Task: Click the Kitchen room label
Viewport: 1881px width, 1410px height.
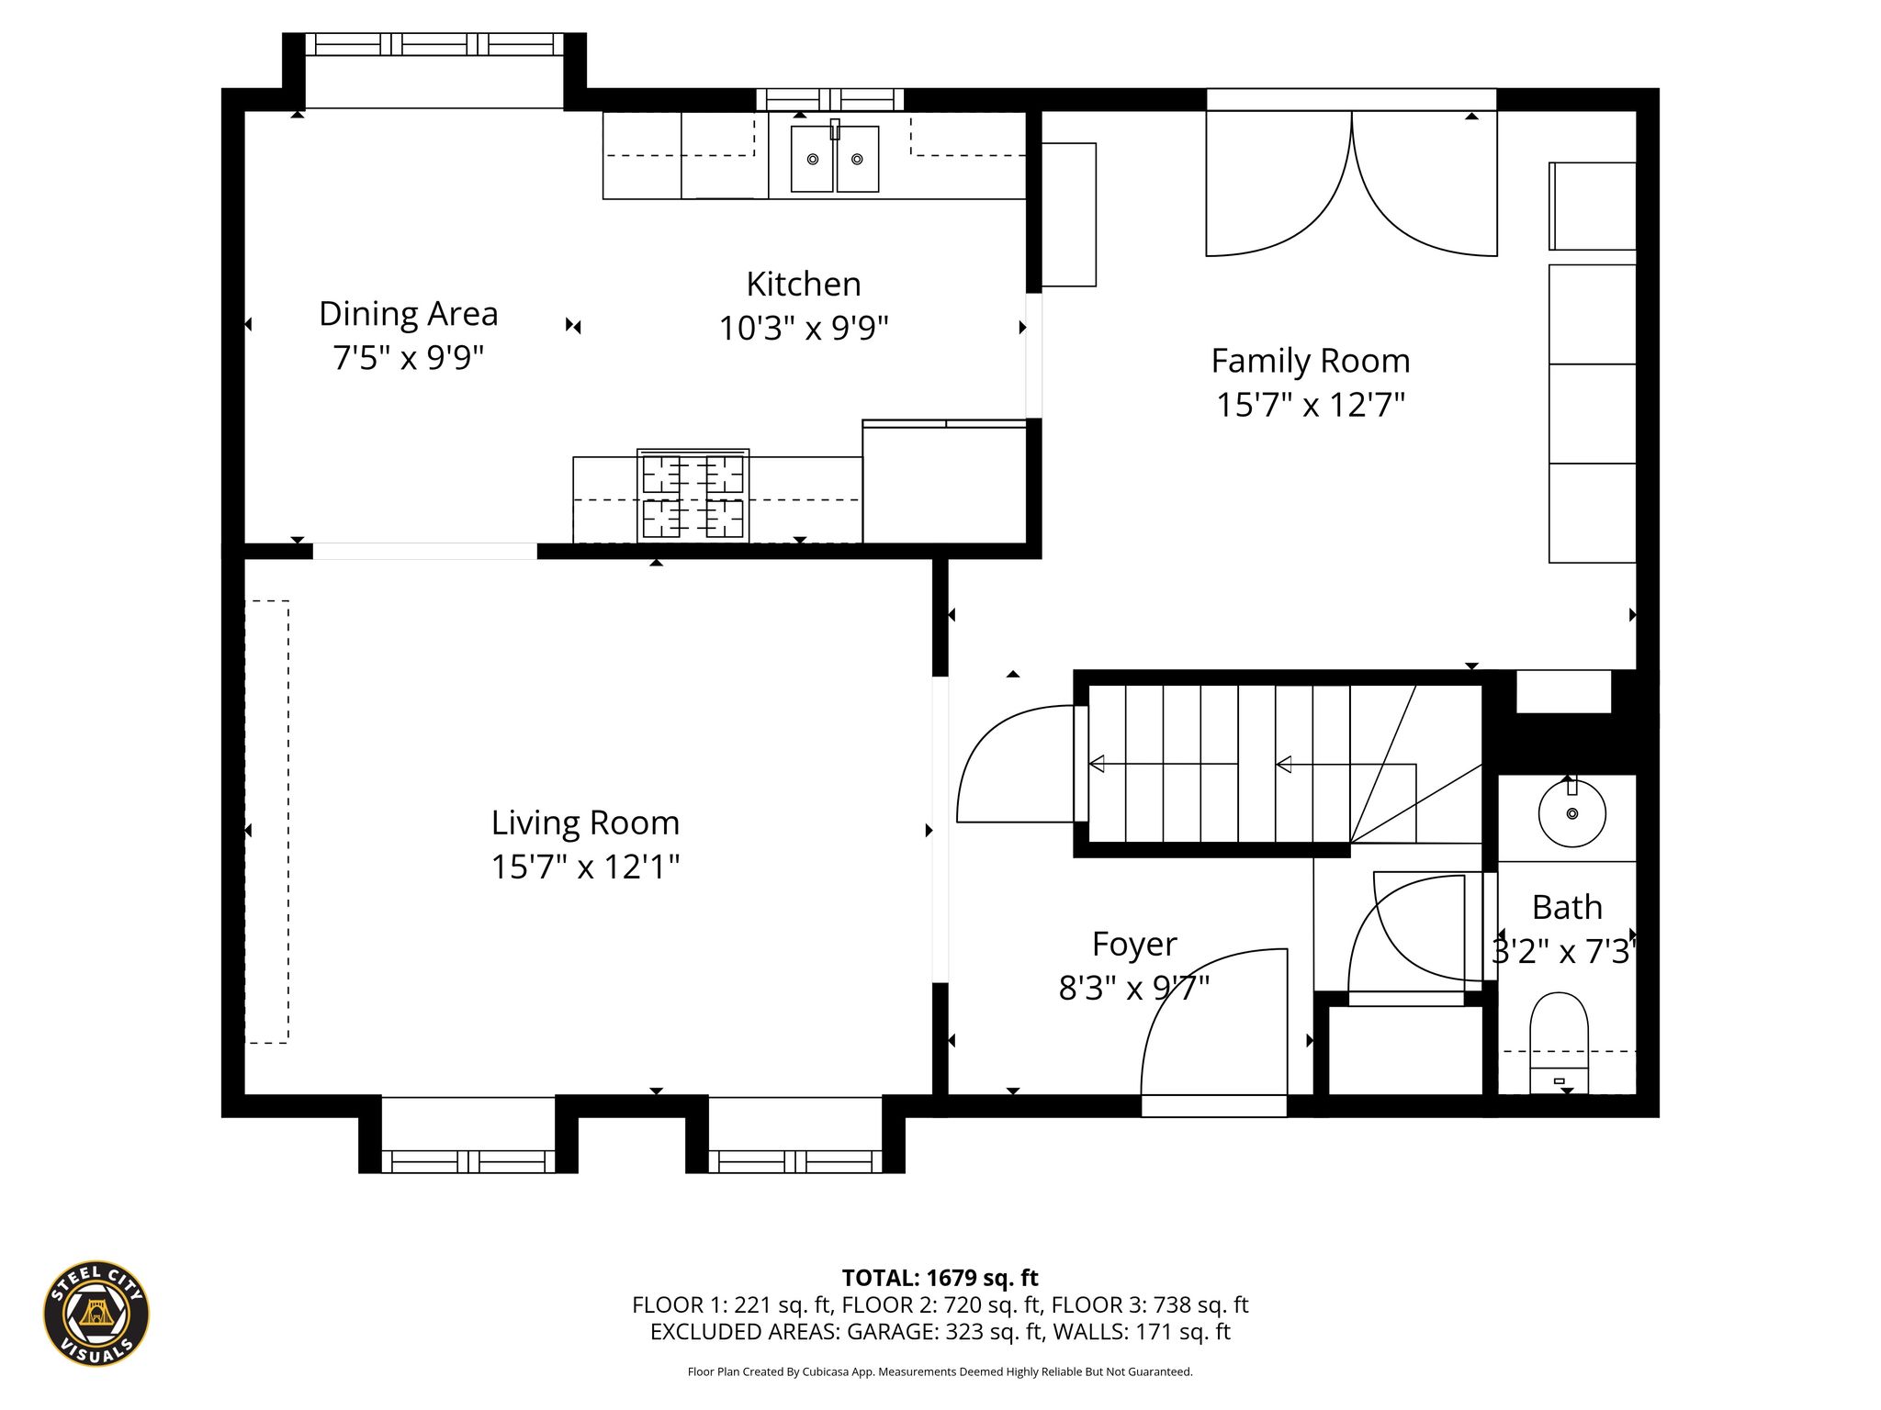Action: pyautogui.click(x=804, y=285)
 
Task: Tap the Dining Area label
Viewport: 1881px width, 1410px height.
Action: pyautogui.click(x=409, y=314)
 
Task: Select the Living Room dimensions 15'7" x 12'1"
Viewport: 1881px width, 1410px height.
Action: pyautogui.click(x=586, y=867)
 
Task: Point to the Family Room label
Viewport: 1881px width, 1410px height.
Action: pyautogui.click(x=1311, y=362)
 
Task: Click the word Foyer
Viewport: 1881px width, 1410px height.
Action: pyautogui.click(x=1134, y=945)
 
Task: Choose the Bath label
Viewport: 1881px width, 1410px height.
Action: pyautogui.click(x=1567, y=907)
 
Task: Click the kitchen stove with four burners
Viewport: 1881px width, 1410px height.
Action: pyautogui.click(x=693, y=496)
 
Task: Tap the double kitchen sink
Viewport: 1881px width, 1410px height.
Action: pyautogui.click(x=835, y=158)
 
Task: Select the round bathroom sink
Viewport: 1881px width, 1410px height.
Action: pyautogui.click(x=1572, y=812)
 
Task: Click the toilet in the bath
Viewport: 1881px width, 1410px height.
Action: pyautogui.click(x=1559, y=1043)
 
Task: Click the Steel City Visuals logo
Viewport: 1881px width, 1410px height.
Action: pyautogui.click(x=96, y=1313)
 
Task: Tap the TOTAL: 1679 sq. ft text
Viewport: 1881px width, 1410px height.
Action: pyautogui.click(x=940, y=1278)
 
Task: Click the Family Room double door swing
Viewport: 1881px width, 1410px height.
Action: pyautogui.click(x=1352, y=184)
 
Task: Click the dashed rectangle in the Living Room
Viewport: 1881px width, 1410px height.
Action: pyautogui.click(x=267, y=822)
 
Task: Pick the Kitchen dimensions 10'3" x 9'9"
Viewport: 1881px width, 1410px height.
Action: pyautogui.click(x=804, y=328)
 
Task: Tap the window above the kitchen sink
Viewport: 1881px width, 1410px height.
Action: pyautogui.click(x=830, y=99)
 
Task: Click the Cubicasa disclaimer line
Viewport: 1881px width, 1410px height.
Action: pyautogui.click(x=940, y=1371)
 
